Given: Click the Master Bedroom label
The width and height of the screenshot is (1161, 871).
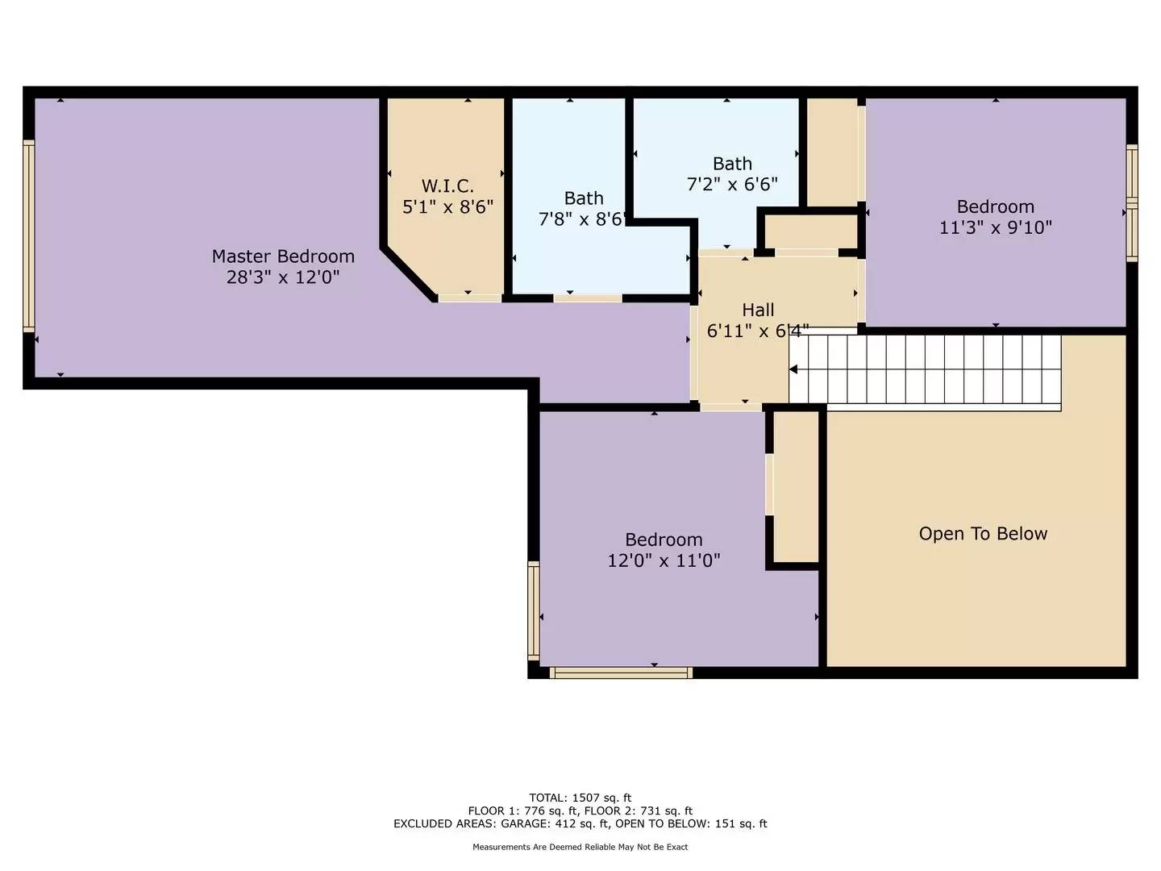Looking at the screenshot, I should tap(283, 256).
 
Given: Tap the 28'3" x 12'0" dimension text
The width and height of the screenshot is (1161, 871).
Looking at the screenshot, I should tap(283, 277).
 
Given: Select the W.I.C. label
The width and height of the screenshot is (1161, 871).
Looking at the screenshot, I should tap(447, 186).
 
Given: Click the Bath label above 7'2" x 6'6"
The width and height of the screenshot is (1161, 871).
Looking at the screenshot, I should tap(732, 164).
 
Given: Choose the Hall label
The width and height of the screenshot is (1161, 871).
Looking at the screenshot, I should tap(758, 310).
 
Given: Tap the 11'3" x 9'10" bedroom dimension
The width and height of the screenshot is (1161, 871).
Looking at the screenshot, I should tap(995, 227).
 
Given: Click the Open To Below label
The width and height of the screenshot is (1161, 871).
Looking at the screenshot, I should tap(983, 534).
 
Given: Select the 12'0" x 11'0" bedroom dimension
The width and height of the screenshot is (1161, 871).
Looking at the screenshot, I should tap(664, 561).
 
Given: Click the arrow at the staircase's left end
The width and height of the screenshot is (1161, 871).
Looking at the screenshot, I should tap(793, 369).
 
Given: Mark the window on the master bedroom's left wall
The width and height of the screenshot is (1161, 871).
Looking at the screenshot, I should tap(29, 235).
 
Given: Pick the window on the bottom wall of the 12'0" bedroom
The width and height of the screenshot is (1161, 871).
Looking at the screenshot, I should tap(621, 673).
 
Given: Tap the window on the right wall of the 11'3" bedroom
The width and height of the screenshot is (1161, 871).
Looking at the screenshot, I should tap(1132, 203).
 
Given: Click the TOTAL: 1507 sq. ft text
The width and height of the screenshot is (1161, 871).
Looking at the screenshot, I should tap(580, 798).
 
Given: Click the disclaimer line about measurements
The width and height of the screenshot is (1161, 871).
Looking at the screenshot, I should tap(580, 847).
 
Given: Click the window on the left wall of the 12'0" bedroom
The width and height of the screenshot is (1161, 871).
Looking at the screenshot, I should tap(533, 610).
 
